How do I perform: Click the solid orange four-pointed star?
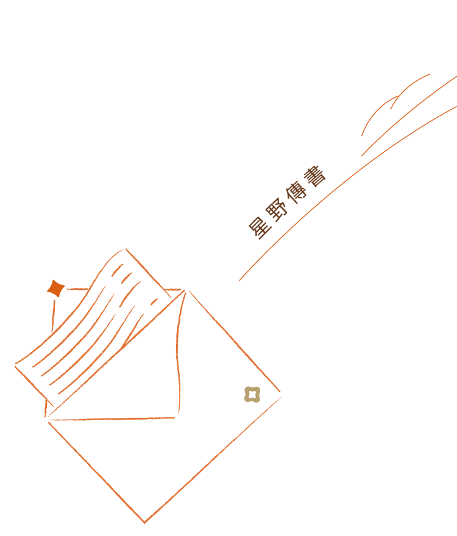tap(56, 289)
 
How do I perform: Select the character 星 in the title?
tap(261, 227)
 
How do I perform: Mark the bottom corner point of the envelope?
tap(144, 523)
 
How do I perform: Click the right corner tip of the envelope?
tap(281, 394)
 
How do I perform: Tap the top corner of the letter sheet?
tap(125, 249)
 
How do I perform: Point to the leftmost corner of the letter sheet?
tap(15, 366)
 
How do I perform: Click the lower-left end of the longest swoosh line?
tap(240, 280)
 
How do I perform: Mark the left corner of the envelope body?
tap(46, 418)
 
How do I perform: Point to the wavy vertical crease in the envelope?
tap(179, 353)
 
